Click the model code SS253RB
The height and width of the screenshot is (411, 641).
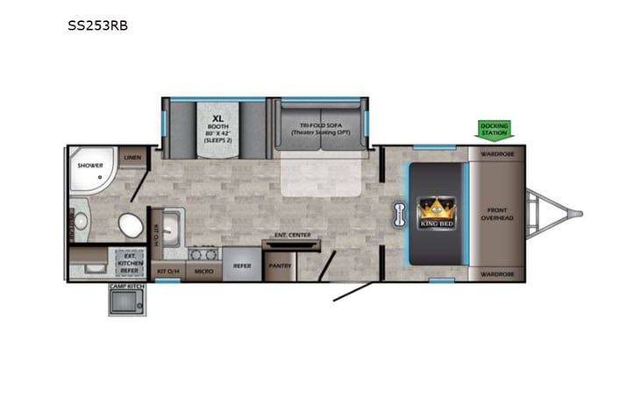[97, 25]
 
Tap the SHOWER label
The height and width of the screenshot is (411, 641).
[90, 165]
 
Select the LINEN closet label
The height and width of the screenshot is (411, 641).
[132, 158]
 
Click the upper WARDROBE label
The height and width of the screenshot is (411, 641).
[496, 152]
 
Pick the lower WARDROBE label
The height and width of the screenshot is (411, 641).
[496, 274]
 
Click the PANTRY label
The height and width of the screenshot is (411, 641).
[281, 265]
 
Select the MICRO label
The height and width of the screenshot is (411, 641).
[204, 272]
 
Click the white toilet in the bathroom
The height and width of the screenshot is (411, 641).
[132, 224]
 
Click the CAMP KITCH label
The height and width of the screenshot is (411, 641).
[125, 287]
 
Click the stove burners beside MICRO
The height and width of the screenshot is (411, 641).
[203, 255]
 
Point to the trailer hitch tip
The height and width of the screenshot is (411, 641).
[578, 213]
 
